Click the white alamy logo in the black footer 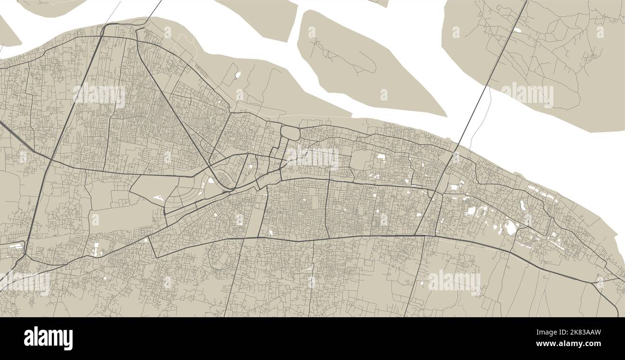click(x=48, y=338)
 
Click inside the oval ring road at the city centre click(x=290, y=132)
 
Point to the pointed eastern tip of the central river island click(x=445, y=115)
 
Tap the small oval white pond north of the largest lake click(x=522, y=205)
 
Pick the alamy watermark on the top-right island click(x=527, y=94)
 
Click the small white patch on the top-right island click(x=516, y=30)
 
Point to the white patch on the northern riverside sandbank click(x=237, y=75)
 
